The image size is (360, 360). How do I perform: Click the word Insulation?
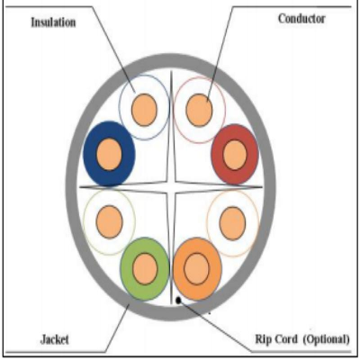(x=53, y=22)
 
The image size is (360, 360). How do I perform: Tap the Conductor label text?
(x=301, y=19)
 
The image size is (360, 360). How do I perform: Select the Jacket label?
(x=55, y=339)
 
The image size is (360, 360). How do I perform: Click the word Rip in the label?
(x=263, y=339)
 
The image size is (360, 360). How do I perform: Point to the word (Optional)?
(x=326, y=339)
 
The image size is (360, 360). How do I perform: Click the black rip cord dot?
(x=178, y=300)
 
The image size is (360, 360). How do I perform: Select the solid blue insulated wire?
(x=109, y=154)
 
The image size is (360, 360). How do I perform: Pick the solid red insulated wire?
(x=235, y=155)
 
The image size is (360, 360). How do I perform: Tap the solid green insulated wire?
(x=145, y=269)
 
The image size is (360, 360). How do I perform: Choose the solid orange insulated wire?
(x=197, y=269)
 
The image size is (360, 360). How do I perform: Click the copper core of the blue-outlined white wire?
(x=144, y=110)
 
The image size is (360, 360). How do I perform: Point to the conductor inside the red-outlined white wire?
(x=199, y=110)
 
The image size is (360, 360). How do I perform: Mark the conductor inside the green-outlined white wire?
(x=110, y=222)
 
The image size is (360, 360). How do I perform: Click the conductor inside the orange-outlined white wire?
(x=232, y=223)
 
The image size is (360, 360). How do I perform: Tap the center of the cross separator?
(x=171, y=187)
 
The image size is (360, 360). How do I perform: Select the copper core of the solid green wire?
(x=145, y=269)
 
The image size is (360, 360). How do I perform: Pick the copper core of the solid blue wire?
(x=109, y=155)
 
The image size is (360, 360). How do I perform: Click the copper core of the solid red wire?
(x=235, y=155)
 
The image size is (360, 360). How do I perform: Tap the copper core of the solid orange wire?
(x=196, y=269)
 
